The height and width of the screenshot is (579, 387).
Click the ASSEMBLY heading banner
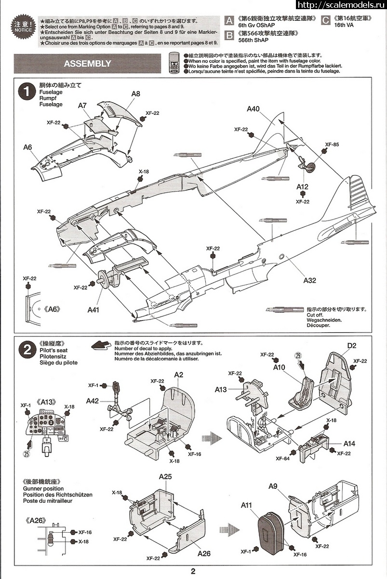pyautogui.click(x=87, y=64)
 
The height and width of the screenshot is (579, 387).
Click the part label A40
pyautogui.click(x=253, y=109)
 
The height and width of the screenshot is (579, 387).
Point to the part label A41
pyautogui.click(x=93, y=309)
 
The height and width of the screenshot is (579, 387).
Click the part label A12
pyautogui.click(x=302, y=187)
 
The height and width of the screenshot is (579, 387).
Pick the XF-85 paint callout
pyautogui.click(x=332, y=144)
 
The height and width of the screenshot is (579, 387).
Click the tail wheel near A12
pyautogui.click(x=310, y=167)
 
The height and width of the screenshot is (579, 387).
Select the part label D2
pyautogui.click(x=351, y=345)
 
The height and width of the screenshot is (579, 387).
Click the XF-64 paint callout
pyautogui.click(x=283, y=458)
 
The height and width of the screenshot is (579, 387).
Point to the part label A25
pyautogui.click(x=165, y=477)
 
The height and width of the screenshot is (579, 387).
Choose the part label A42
pyautogui.click(x=93, y=400)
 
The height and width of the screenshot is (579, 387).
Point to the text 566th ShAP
pyautogui.click(x=252, y=41)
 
